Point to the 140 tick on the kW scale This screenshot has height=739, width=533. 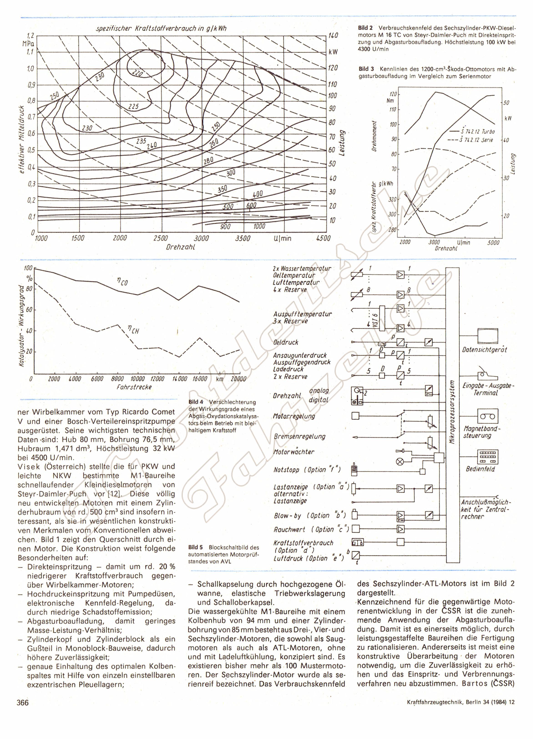pyautogui.click(x=333, y=35)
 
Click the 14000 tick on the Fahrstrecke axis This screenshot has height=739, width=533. pyautogui.click(x=179, y=379)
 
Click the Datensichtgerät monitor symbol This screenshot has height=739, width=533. pyautogui.click(x=487, y=336)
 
